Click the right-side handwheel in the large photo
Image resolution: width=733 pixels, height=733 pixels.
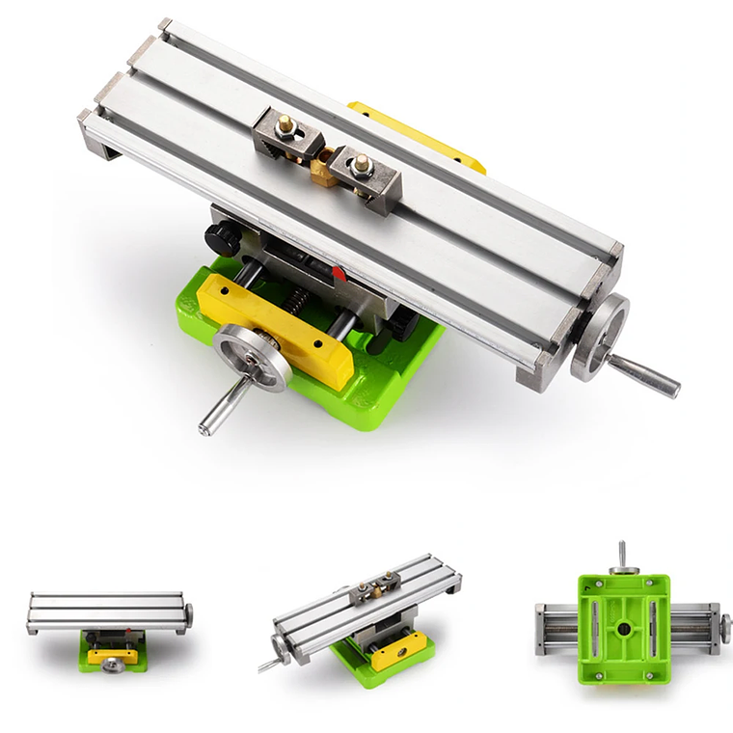(x=599, y=337)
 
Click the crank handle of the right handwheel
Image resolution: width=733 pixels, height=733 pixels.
(x=645, y=376)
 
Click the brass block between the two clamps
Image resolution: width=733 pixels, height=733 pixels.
(x=324, y=170)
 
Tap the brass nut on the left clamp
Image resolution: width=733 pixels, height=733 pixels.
(x=285, y=126)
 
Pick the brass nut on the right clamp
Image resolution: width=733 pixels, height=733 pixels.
(x=363, y=164)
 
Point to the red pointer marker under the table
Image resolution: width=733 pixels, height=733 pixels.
(x=339, y=274)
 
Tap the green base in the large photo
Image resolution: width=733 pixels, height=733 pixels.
(x=386, y=386)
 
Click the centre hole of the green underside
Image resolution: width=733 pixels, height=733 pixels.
(x=624, y=629)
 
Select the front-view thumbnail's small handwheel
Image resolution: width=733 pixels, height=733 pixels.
(x=113, y=665)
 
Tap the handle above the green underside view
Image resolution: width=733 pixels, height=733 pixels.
(x=622, y=555)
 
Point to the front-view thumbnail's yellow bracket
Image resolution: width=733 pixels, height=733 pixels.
(x=112, y=655)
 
